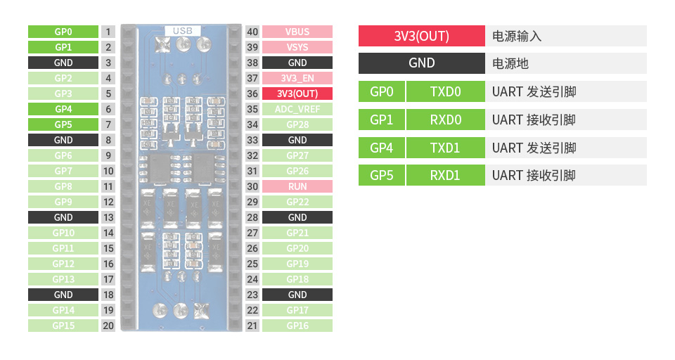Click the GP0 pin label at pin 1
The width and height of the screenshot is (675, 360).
[63, 32]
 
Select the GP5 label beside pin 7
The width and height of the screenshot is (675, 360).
[63, 124]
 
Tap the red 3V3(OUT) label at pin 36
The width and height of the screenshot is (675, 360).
[297, 94]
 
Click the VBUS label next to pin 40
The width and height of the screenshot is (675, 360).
[297, 32]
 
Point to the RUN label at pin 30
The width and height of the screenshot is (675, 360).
[297, 186]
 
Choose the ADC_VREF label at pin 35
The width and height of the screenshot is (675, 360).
[297, 109]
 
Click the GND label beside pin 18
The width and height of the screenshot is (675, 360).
[63, 295]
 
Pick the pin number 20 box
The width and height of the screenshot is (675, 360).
[108, 326]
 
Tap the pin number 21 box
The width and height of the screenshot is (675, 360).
[252, 326]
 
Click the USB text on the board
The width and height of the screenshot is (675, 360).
[183, 30]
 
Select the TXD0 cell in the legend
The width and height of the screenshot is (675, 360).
[445, 91]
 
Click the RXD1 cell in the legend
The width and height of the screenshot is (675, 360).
[445, 175]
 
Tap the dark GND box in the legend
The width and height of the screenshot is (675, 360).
[421, 63]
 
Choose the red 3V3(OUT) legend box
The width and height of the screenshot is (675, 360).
[421, 36]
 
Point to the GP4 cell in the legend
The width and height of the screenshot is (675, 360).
[381, 148]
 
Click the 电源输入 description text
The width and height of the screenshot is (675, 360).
[517, 36]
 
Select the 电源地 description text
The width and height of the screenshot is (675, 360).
[510, 63]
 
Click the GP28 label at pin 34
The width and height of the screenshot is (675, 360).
[297, 124]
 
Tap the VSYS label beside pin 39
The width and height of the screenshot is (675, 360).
[297, 47]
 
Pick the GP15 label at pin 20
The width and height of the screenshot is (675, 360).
[63, 326]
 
